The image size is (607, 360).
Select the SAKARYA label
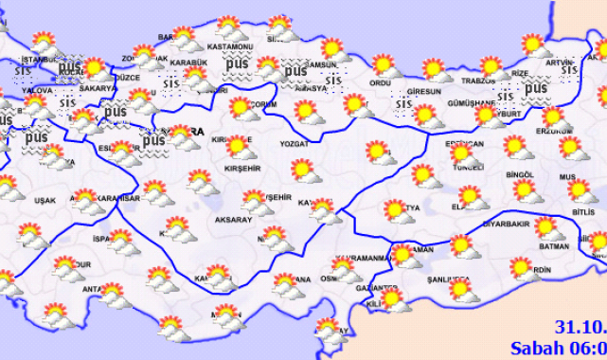pyautogui.click(x=98, y=88)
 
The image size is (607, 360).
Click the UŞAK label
pyautogui.click(x=45, y=200)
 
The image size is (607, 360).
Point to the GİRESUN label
pyautogui.click(x=422, y=92)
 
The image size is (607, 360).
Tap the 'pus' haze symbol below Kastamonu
pyautogui.click(x=236, y=63)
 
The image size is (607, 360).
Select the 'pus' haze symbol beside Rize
pyautogui.click(x=535, y=87)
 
